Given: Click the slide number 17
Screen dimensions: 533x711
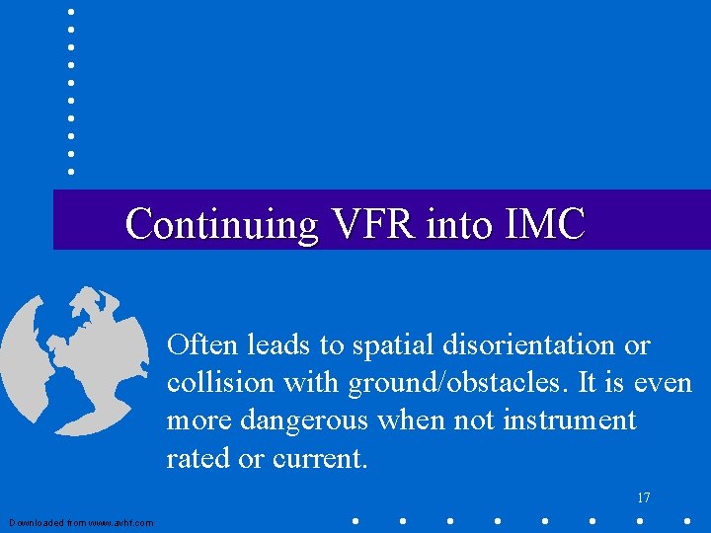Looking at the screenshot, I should [x=643, y=497].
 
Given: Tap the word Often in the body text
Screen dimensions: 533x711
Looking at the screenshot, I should [x=203, y=345].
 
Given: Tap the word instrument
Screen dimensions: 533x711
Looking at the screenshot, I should [x=570, y=421].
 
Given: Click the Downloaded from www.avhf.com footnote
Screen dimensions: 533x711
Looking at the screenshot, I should [x=81, y=522].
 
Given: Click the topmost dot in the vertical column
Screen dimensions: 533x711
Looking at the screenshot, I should [x=71, y=12].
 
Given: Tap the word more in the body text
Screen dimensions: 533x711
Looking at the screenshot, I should [x=197, y=421].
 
